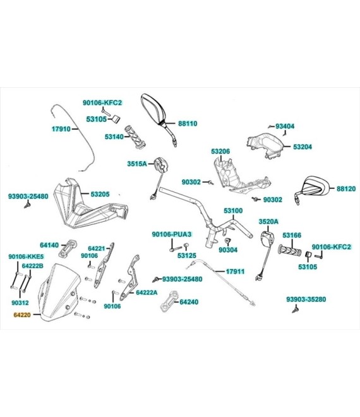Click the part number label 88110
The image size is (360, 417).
188,123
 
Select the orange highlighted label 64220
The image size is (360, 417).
22,315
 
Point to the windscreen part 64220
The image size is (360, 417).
59,292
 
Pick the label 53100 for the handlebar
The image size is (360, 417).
233,210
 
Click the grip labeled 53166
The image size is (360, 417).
289,251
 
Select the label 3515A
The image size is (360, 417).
137,164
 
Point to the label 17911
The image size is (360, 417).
235,272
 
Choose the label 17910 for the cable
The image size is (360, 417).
61,129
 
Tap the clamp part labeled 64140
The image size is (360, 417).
68,248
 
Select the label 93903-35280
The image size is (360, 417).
306,299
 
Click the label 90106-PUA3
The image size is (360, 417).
172,234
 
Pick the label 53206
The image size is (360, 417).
220,152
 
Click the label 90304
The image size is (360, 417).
228,250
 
